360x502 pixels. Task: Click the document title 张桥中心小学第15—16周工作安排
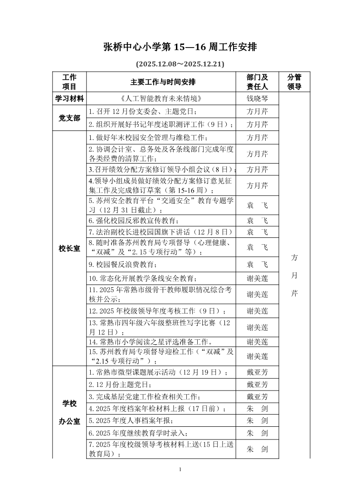tap(180, 48)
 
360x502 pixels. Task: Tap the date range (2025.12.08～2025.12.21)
tap(180, 64)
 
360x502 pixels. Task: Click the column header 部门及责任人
tap(257, 82)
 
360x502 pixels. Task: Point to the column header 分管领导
tap(294, 82)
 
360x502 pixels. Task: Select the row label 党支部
tap(69, 118)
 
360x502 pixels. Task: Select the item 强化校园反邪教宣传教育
tap(134, 221)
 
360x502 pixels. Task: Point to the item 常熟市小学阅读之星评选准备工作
tap(150, 342)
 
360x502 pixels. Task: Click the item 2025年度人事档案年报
tap(131, 421)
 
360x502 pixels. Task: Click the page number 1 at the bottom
tap(180, 469)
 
